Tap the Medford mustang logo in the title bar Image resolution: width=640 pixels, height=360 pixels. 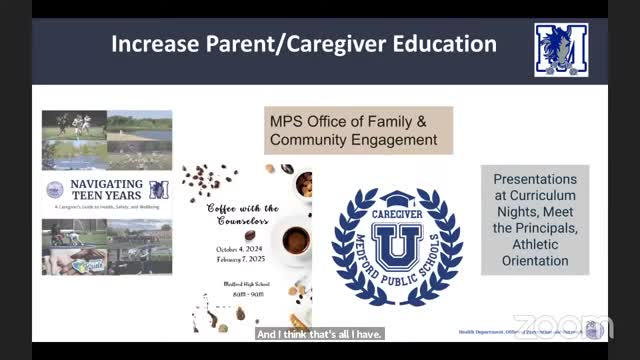[x=560, y=49]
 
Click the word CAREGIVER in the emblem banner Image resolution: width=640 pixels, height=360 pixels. [x=397, y=212]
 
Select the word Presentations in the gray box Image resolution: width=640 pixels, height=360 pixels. [x=535, y=177]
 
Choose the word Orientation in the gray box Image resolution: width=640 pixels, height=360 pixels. [x=535, y=261]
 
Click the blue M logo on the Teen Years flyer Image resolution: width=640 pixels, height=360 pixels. [x=159, y=189]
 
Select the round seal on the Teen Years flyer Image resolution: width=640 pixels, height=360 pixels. [x=54, y=190]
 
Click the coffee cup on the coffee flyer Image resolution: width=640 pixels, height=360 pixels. [x=296, y=240]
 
